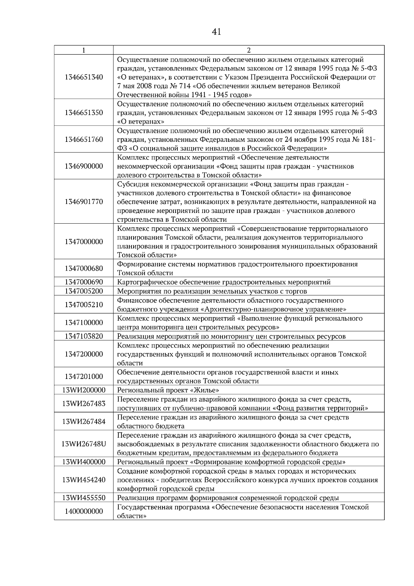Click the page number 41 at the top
coord(216,32)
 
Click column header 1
coord(83,50)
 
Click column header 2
coord(248,50)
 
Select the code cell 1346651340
coord(83,77)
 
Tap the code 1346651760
coord(83,139)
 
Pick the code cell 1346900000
coord(83,166)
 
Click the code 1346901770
coord(83,202)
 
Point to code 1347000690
coord(83,282)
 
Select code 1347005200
coord(83,291)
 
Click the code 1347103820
coord(83,336)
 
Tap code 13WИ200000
coord(83,390)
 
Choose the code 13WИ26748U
coord(83,444)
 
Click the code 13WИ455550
coord(83,498)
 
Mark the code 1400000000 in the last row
coord(83,511)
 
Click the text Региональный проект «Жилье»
coord(168,390)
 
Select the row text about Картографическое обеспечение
coord(224,282)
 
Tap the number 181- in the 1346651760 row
coord(368,139)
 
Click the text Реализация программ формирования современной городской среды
coord(228,498)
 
